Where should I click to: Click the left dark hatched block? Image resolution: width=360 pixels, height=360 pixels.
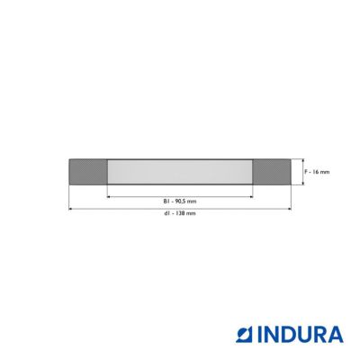[88, 172]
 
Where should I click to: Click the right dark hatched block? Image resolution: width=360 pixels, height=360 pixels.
[272, 172]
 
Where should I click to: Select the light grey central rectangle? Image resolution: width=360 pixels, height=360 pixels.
[180, 172]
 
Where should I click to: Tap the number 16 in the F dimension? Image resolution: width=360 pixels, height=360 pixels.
[315, 172]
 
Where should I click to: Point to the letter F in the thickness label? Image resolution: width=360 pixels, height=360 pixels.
[306, 172]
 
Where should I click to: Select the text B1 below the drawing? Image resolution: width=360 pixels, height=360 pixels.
[166, 202]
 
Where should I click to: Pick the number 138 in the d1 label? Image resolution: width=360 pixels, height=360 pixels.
[183, 213]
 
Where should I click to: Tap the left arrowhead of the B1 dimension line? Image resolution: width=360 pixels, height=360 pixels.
[109, 197]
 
